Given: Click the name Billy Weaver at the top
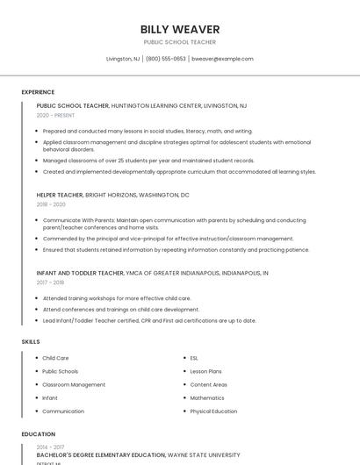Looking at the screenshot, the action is point(180,30).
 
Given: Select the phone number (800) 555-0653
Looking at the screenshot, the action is point(166,59).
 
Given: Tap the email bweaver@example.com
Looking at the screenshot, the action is point(222,59).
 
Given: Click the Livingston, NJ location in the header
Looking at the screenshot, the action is point(123,59).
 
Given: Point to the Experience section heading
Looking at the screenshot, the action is point(38,92).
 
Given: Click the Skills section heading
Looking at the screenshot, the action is point(31,341).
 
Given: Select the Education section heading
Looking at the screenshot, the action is point(39,434).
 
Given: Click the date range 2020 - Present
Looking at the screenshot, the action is point(55,115).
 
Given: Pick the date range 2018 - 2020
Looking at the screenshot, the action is point(51,204).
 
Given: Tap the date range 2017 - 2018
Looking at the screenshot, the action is point(50,283).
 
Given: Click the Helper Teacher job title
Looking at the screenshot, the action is point(60,195).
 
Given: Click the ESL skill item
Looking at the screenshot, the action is point(194,358).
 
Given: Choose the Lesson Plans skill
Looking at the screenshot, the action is point(205,371).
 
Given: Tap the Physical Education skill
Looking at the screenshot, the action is point(213,411).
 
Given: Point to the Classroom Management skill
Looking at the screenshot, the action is point(74,384).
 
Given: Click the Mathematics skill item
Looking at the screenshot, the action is point(207,397).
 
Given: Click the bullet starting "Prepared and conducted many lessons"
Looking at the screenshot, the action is point(147,131).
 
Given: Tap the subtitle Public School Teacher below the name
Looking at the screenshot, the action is point(180,42).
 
